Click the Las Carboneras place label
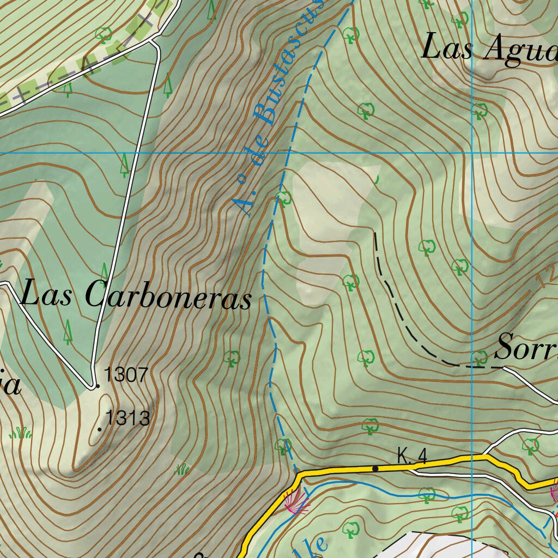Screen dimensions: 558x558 (x=136, y=297)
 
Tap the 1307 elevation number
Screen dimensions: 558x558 (x=126, y=375)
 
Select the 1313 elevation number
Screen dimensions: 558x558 (x=128, y=418)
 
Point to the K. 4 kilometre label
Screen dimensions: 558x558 (x=411, y=456)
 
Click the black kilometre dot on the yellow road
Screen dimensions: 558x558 (x=375, y=468)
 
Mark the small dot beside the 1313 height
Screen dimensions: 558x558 (x=99, y=430)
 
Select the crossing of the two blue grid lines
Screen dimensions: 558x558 (x=472, y=153)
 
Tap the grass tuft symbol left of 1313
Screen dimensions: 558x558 (x=21, y=433)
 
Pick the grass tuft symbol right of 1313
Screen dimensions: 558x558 (x=183, y=468)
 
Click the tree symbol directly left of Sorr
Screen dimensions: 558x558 (x=480, y=357)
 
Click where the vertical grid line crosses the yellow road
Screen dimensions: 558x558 (x=472, y=458)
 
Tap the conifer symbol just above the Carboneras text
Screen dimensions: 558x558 (x=105, y=271)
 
